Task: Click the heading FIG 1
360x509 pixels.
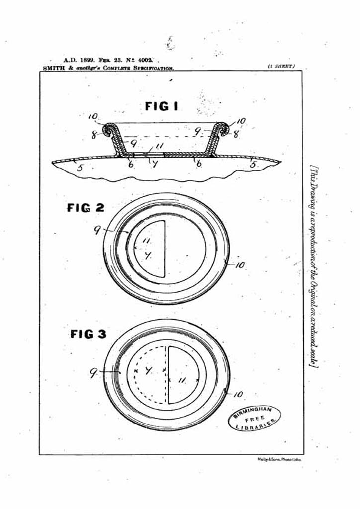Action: click(x=161, y=106)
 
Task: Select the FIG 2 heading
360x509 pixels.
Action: click(x=86, y=208)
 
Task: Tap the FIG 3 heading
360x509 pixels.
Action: click(x=88, y=334)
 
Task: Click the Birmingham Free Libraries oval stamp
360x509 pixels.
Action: click(x=255, y=418)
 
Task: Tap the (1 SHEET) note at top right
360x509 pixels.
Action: click(x=281, y=66)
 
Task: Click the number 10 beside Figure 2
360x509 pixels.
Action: click(x=240, y=265)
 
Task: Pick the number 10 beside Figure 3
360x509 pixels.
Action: click(x=238, y=394)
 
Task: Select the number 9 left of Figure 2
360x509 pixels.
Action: click(x=97, y=230)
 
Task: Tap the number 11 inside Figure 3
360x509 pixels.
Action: click(x=182, y=380)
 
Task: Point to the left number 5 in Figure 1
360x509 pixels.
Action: click(x=79, y=168)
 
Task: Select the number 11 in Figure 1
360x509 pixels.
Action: click(x=159, y=145)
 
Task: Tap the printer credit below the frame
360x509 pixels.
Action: click(x=279, y=460)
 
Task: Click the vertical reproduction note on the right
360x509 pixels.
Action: click(x=314, y=266)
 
